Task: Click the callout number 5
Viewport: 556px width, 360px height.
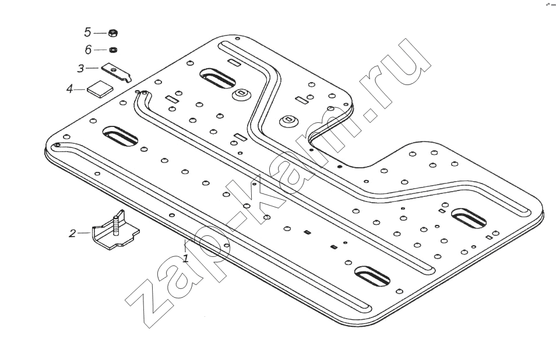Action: click(x=87, y=32)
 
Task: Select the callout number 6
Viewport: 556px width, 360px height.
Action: click(x=88, y=50)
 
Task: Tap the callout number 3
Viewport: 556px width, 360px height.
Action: click(x=81, y=68)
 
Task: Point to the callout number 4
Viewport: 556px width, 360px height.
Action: click(x=70, y=89)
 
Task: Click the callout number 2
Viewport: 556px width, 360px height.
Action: click(x=72, y=234)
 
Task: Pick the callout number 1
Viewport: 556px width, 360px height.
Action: click(x=185, y=258)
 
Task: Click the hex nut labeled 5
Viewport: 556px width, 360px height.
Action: click(x=113, y=33)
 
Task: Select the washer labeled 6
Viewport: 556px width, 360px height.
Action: click(x=114, y=50)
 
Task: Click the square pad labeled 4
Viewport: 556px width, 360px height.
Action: click(x=99, y=89)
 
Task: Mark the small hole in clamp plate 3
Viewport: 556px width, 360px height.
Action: click(x=113, y=69)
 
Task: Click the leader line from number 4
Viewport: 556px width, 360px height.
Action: click(x=80, y=90)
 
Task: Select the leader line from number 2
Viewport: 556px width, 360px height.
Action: click(x=85, y=233)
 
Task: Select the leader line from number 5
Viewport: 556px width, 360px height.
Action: click(x=100, y=33)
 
